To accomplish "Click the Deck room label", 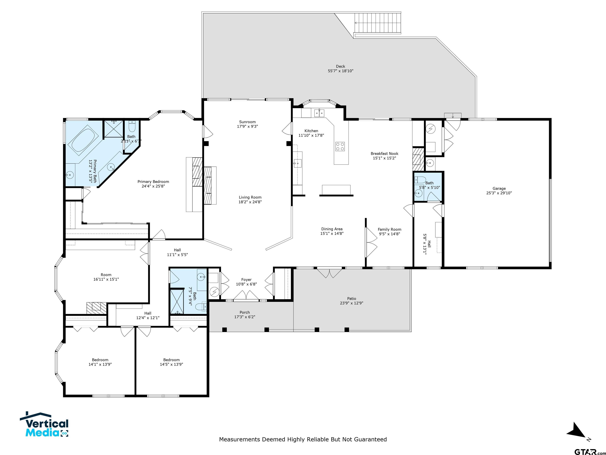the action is pyautogui.click(x=340, y=66).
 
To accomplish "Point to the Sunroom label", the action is pyautogui.click(x=247, y=122).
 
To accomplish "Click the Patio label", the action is pyautogui.click(x=352, y=299).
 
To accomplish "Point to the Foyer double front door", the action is pyautogui.click(x=246, y=295).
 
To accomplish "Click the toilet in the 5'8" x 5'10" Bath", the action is pyautogui.click(x=420, y=180).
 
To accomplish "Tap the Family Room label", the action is pyautogui.click(x=389, y=229).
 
